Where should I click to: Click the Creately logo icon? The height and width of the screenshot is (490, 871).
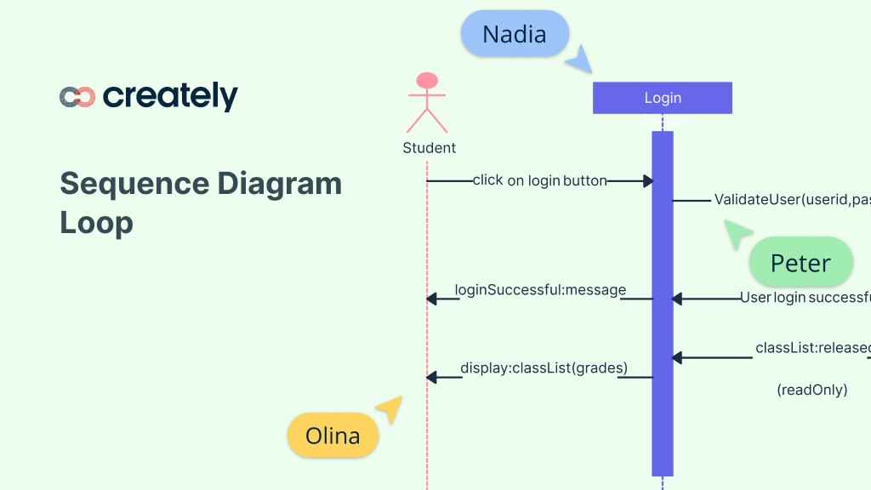point(77,97)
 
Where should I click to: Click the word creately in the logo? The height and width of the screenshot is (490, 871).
point(170,96)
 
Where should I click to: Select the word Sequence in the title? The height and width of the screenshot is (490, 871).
point(134,184)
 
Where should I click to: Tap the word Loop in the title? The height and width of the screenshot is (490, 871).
point(96,223)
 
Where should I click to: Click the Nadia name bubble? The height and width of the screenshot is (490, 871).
point(514,34)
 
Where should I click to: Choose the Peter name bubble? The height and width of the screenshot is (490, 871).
point(800,263)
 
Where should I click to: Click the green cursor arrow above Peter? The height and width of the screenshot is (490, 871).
point(737,233)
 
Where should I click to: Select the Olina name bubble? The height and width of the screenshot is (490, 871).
point(333,436)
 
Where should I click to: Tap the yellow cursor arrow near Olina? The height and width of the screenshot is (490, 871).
point(390,408)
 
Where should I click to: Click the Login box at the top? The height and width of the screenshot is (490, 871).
point(663,98)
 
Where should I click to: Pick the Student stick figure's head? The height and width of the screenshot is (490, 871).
point(426,81)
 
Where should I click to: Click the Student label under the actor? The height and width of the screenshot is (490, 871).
point(429,148)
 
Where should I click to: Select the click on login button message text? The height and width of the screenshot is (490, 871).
point(540,180)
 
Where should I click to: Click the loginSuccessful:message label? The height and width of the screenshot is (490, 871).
point(540,290)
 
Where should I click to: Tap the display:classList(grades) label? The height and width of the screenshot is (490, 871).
point(544,368)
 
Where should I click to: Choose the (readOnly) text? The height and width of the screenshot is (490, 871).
point(811,390)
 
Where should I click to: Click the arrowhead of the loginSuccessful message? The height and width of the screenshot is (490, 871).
point(431,299)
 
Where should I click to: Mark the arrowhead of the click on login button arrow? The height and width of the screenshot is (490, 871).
point(648,181)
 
